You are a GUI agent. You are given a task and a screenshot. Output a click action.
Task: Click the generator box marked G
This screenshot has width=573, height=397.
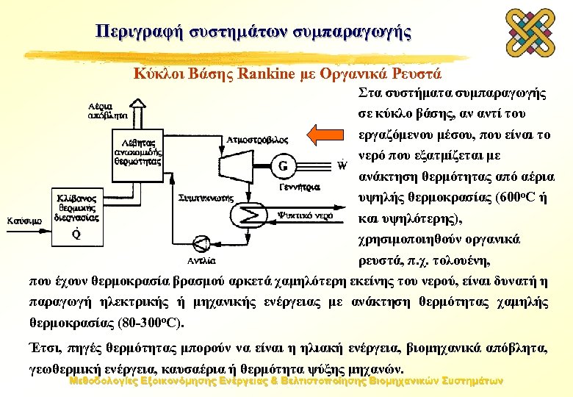coord(283,165)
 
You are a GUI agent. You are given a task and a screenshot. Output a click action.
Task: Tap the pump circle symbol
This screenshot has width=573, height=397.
coord(201,244)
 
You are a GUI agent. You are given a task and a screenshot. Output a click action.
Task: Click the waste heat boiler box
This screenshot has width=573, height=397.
coord(137,153)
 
